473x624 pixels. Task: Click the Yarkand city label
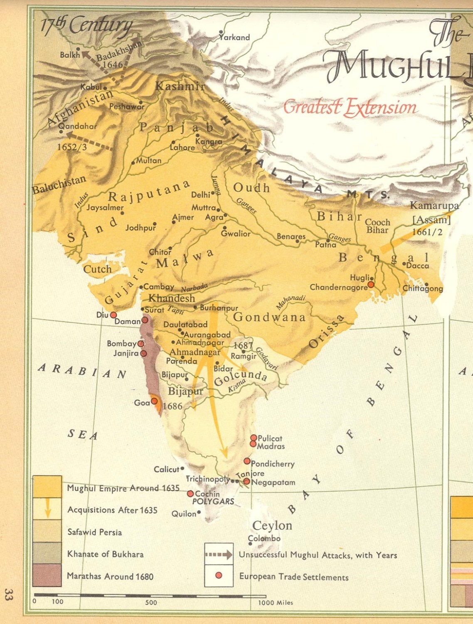click(235, 37)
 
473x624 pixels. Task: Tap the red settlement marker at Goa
click(154, 401)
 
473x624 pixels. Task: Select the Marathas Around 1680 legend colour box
click(47, 575)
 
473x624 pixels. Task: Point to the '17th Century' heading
click(86, 26)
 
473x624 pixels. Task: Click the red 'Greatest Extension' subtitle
click(350, 107)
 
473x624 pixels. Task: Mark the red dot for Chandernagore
click(371, 285)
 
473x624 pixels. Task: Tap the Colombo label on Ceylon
click(264, 538)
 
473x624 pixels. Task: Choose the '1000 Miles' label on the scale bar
click(276, 602)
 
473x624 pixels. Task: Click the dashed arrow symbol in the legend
click(219, 555)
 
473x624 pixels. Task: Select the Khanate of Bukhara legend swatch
click(47, 553)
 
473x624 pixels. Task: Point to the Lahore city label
click(182, 147)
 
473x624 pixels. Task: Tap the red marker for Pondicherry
click(247, 461)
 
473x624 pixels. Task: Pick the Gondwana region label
click(269, 317)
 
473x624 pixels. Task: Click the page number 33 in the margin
click(8, 594)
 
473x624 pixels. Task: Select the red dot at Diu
click(113, 315)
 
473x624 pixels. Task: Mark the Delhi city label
click(201, 195)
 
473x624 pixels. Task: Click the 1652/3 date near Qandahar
click(72, 147)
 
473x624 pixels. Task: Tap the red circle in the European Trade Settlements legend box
click(219, 575)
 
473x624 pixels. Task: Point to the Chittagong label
click(423, 288)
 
